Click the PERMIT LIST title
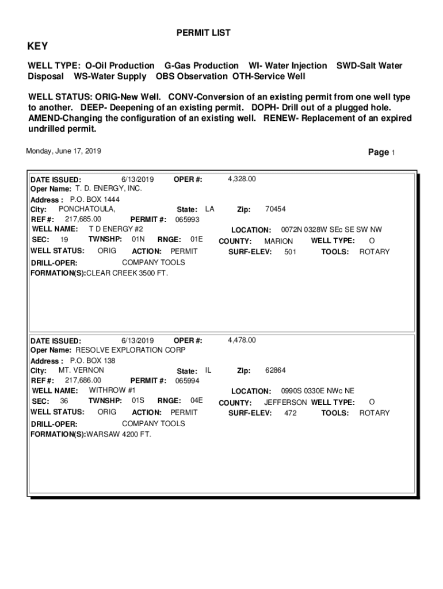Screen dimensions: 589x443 203,33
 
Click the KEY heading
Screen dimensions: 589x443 38,47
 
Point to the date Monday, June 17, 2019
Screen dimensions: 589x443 63,151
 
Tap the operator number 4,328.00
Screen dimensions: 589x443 242,179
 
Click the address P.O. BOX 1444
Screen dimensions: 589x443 94,199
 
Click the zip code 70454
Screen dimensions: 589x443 275,209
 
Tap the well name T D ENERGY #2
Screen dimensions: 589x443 115,229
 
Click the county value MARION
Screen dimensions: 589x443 278,241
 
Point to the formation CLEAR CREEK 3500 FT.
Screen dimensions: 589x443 127,273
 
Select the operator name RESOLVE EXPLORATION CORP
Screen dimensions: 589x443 131,350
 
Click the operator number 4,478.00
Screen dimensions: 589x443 242,340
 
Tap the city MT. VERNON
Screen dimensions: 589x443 81,370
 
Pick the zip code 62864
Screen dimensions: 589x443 275,370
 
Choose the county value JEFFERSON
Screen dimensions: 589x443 285,402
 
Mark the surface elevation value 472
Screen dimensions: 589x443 291,412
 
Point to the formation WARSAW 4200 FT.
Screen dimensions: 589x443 119,434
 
